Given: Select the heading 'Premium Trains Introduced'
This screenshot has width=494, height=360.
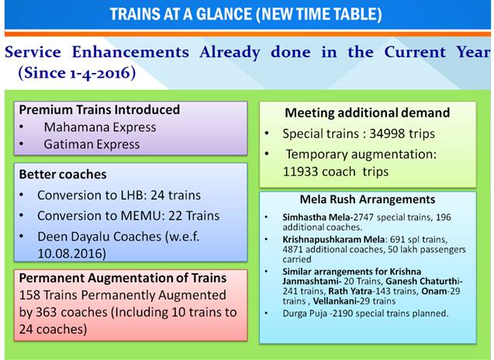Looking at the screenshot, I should click(99, 109).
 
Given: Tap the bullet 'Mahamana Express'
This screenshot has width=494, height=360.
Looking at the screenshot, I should click(99, 126).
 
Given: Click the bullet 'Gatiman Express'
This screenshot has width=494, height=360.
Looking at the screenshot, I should click(92, 144).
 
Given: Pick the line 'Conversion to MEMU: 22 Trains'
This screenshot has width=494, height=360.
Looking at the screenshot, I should click(128, 216).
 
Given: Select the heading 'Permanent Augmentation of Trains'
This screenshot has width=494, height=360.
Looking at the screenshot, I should click(122, 277).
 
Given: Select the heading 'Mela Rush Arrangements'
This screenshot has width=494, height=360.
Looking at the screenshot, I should click(368, 199).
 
